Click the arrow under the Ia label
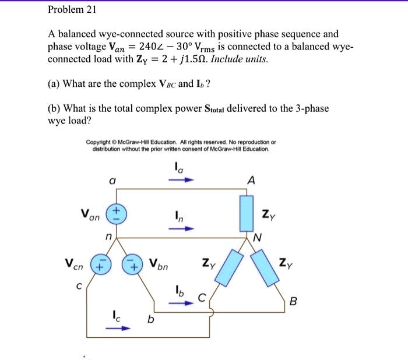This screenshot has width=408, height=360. click(178, 179)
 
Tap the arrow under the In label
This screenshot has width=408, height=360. click(178, 228)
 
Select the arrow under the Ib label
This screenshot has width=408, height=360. click(178, 301)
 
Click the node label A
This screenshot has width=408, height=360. click(250, 181)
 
